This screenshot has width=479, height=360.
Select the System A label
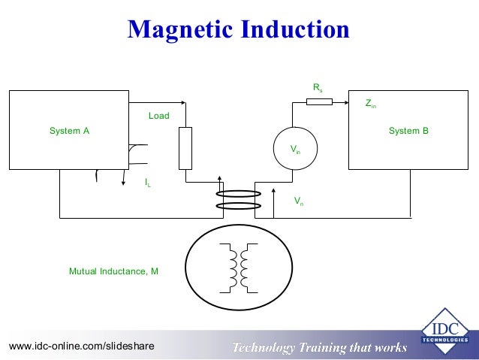[x=69, y=131]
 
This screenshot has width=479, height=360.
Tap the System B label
[x=408, y=131]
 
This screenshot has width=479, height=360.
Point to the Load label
[x=158, y=116]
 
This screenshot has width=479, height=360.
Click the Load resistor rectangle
[x=185, y=148]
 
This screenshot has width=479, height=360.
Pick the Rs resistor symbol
[x=320, y=101]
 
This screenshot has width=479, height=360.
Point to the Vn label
[x=299, y=201]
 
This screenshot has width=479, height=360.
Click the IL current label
[x=148, y=182]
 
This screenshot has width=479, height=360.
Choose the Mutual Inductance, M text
[x=113, y=271]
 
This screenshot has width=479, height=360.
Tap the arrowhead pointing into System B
[x=345, y=101]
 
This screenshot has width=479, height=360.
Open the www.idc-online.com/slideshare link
[x=81, y=346]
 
